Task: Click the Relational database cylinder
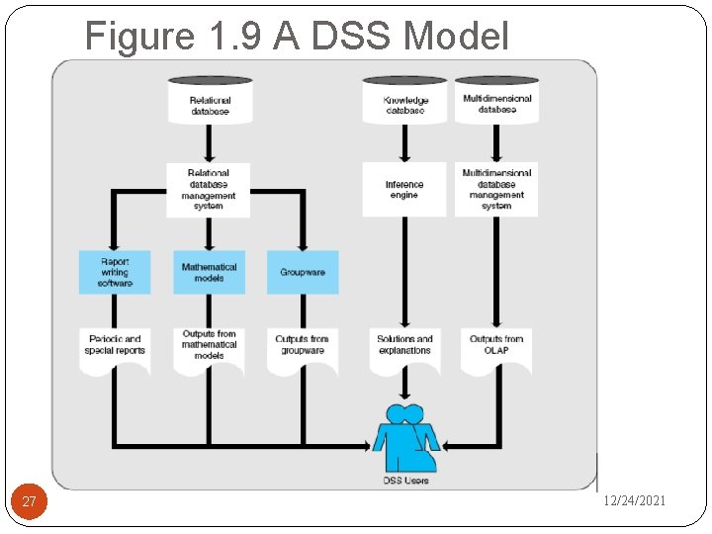(x=210, y=102)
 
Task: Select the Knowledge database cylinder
(x=404, y=102)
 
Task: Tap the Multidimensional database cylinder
(x=496, y=101)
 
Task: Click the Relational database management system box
(x=209, y=190)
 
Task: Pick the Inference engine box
(x=404, y=190)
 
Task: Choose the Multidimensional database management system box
(x=496, y=190)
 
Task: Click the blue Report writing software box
(x=115, y=272)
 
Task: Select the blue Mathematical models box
(x=209, y=272)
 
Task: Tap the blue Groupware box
(x=303, y=272)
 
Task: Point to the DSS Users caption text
(x=406, y=481)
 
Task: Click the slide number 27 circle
(x=30, y=502)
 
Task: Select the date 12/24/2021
(x=635, y=501)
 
